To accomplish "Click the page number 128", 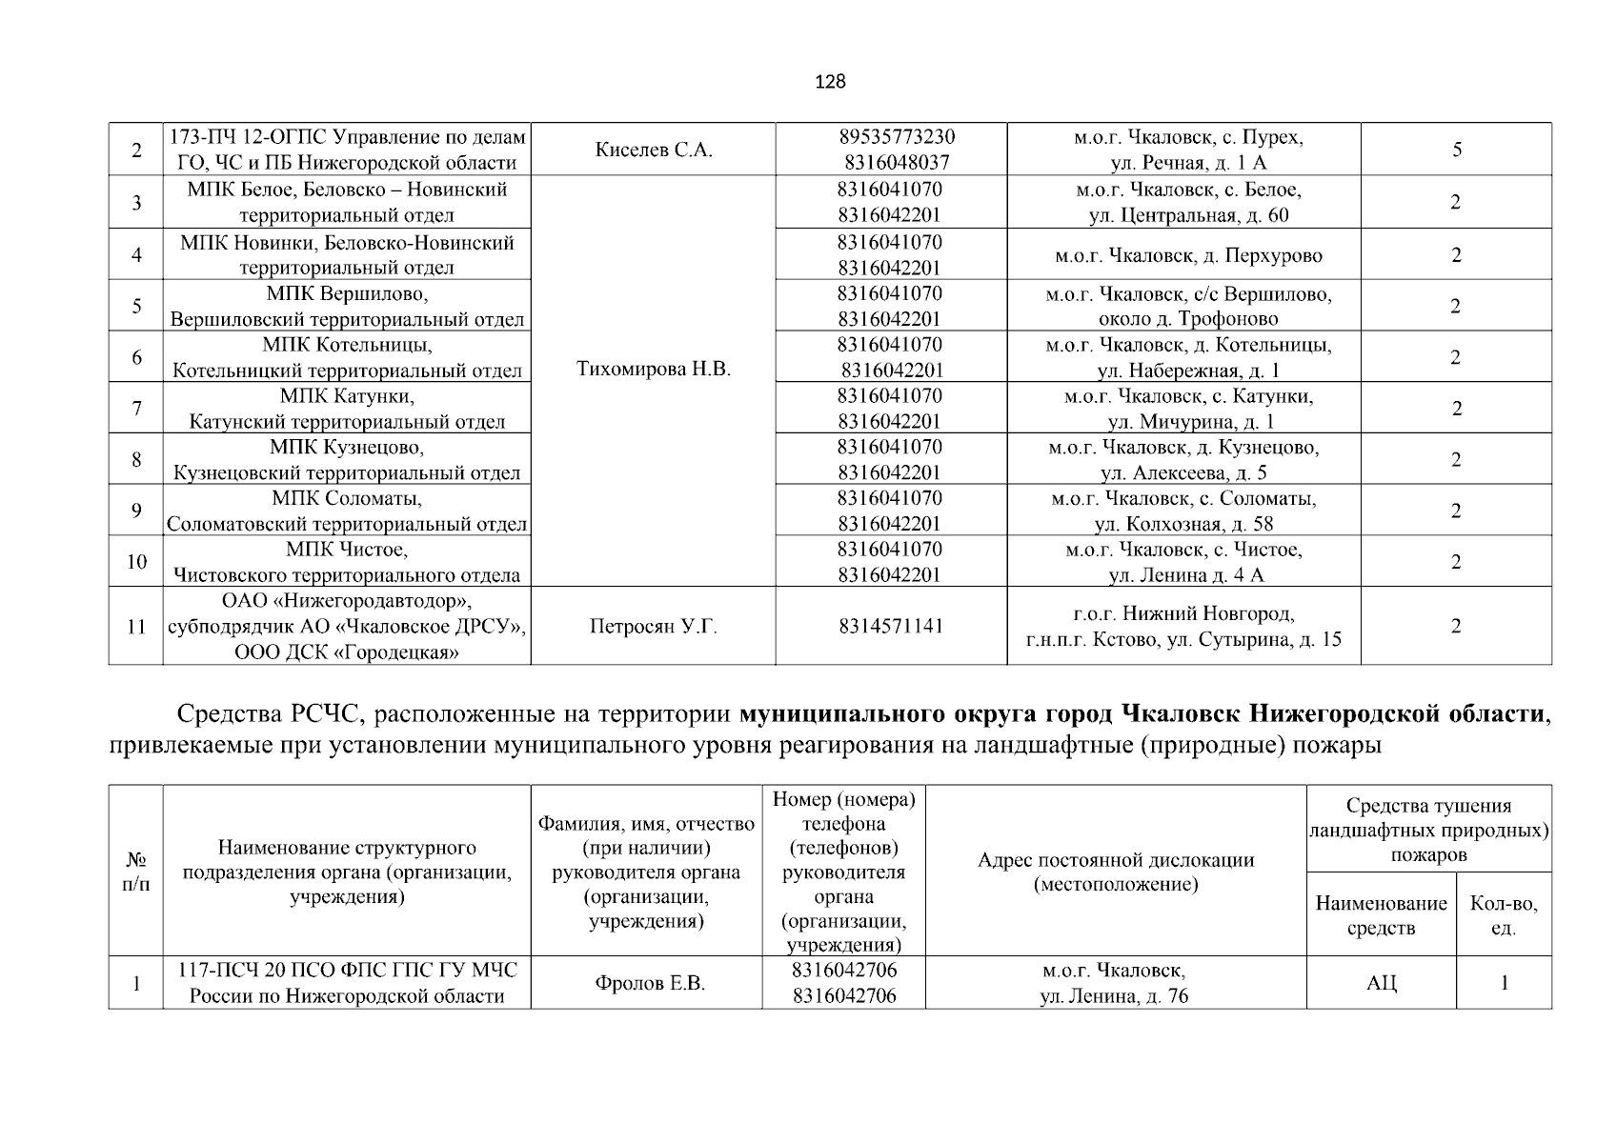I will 830,82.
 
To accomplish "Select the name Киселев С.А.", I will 654,150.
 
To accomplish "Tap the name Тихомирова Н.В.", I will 654,370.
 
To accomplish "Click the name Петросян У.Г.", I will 654,627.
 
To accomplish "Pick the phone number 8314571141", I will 891,627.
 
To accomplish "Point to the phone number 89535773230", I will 897,137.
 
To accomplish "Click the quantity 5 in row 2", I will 1457,150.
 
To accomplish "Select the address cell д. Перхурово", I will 1188,255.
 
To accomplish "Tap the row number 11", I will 136,627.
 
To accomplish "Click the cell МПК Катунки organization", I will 347,409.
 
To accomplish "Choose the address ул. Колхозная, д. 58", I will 1183,524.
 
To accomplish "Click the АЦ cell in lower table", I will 1381,984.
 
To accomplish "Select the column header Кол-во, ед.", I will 1504,915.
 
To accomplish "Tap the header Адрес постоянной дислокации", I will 1116,872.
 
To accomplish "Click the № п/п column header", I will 136,872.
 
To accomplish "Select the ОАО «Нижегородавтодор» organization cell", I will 347,627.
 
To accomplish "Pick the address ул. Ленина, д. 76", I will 1114,997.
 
